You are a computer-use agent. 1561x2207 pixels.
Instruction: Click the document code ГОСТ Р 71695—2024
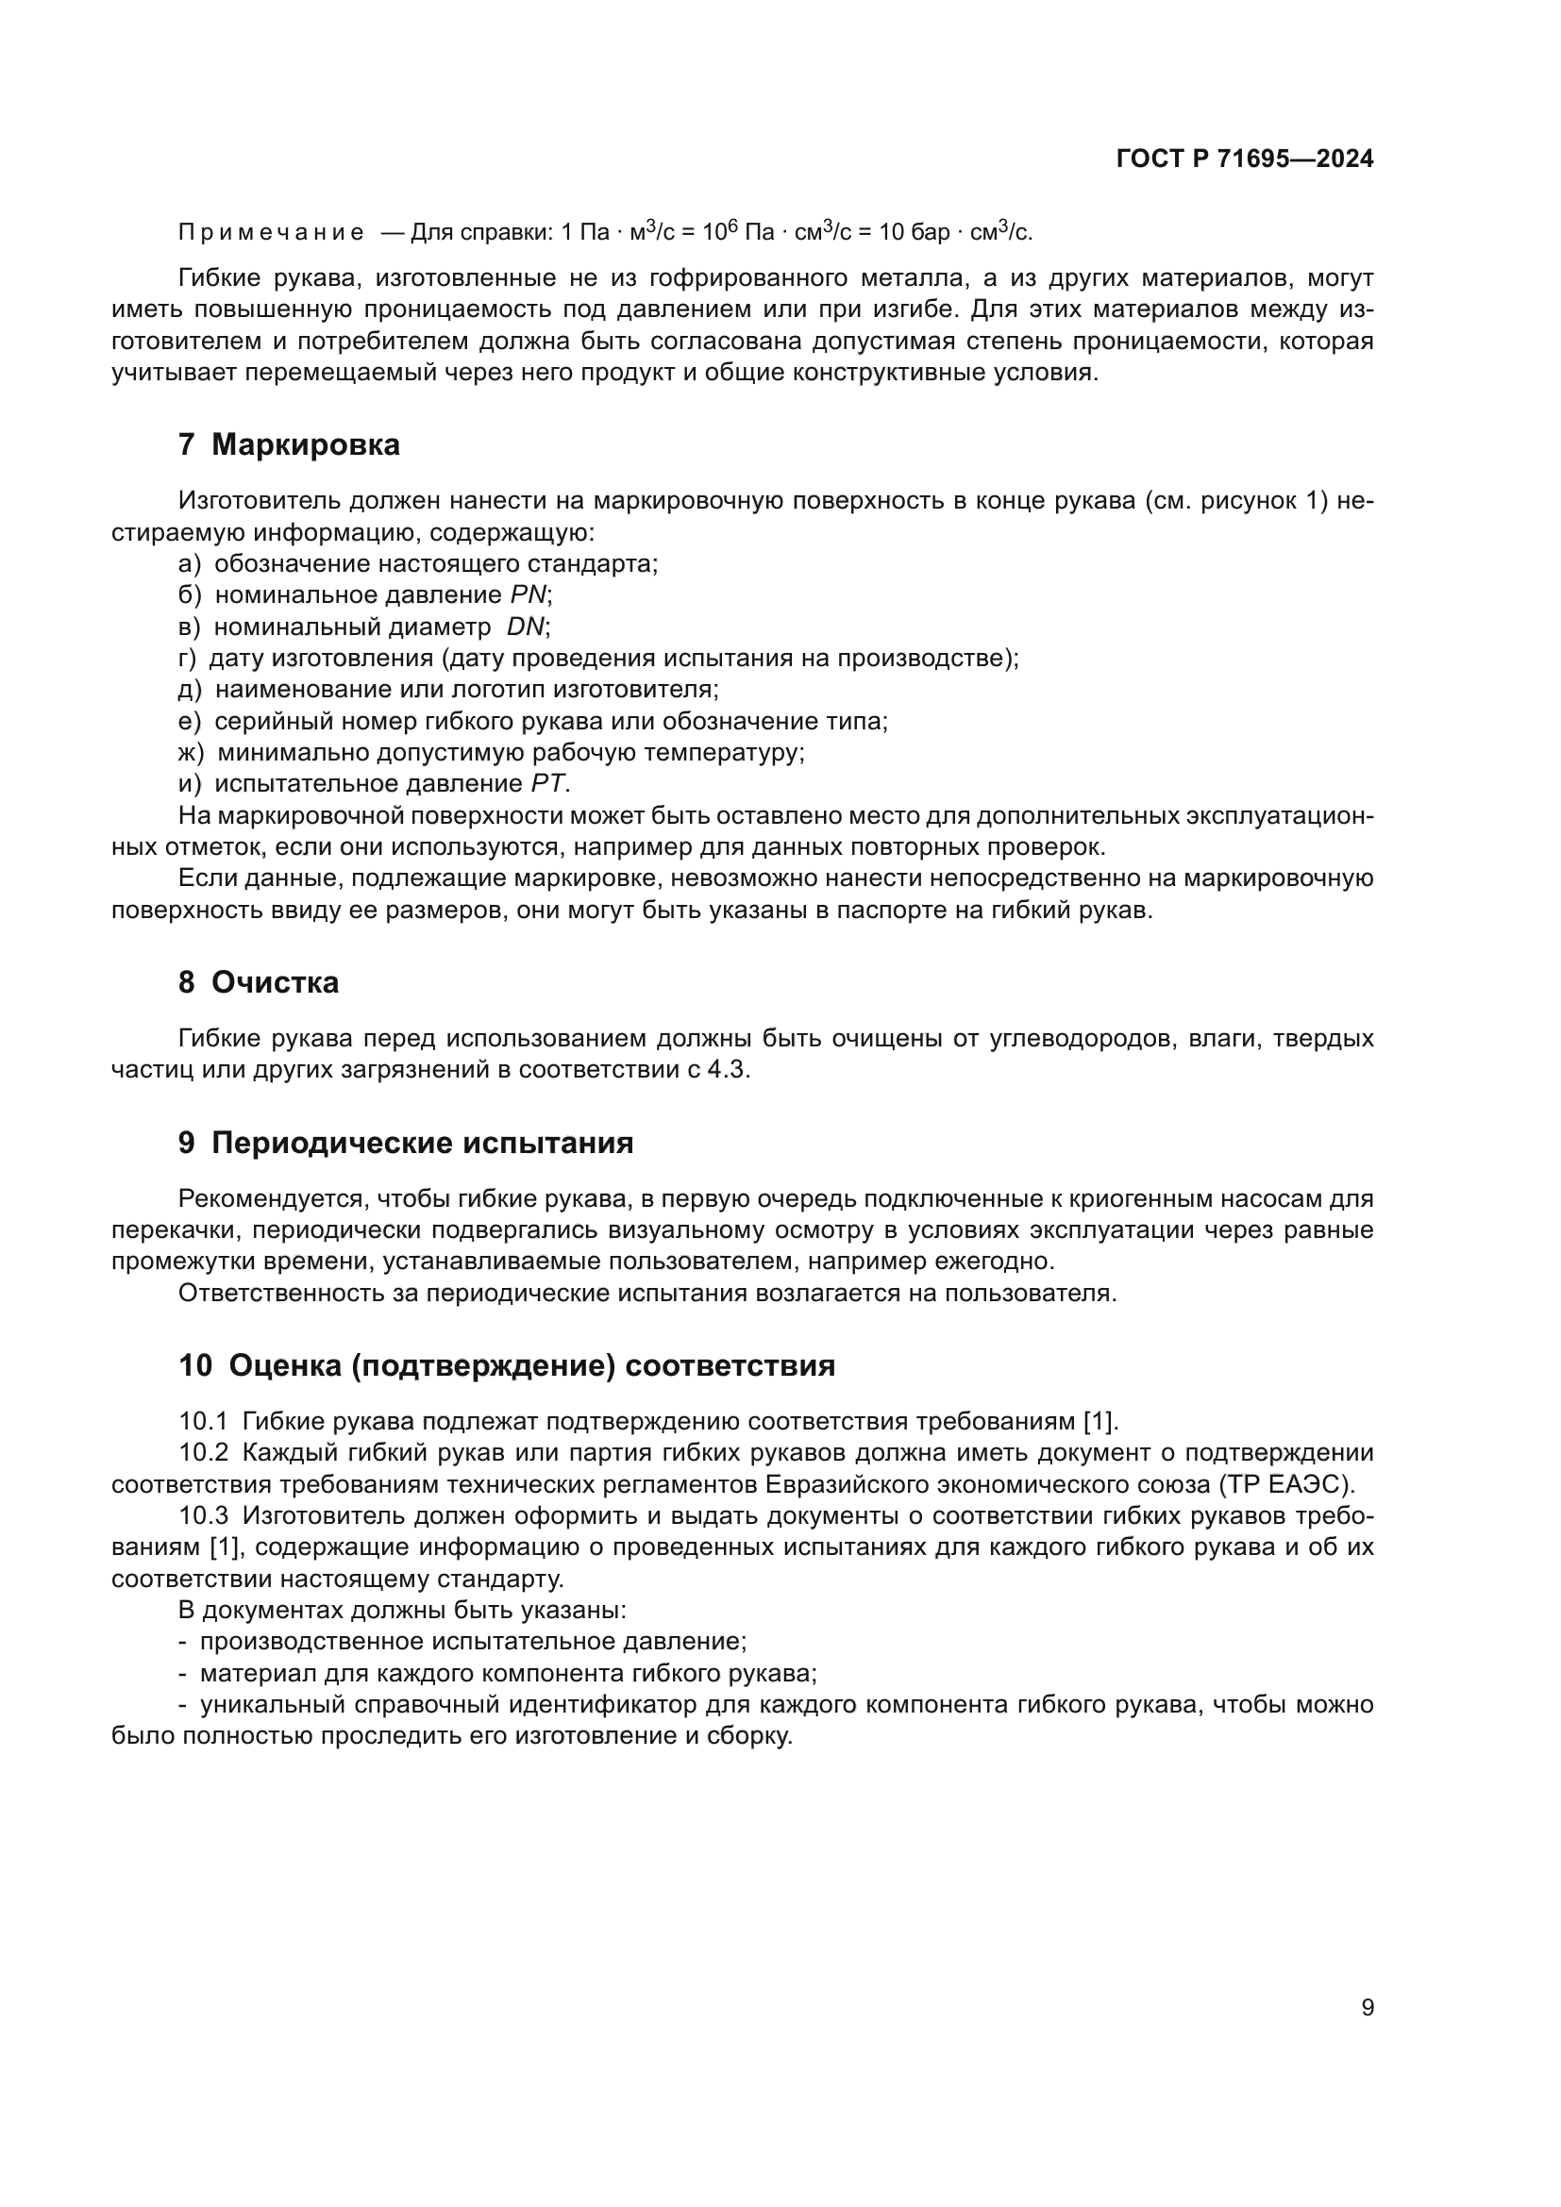[x=1245, y=159]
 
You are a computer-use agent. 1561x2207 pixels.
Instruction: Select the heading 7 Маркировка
[x=289, y=445]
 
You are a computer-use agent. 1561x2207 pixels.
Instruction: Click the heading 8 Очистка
[x=259, y=982]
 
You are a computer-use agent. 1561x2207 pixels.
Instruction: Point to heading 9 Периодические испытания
[x=406, y=1143]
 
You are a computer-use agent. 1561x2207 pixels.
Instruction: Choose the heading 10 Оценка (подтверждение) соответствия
[x=507, y=1365]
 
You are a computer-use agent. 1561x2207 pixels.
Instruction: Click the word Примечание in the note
[x=271, y=233]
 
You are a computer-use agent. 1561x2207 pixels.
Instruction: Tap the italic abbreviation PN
[x=528, y=595]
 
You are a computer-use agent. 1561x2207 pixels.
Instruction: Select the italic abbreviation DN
[x=526, y=627]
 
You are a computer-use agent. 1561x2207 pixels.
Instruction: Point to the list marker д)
[x=190, y=689]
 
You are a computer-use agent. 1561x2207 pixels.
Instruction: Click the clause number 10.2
[x=203, y=1452]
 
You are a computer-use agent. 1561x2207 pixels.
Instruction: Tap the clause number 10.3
[x=203, y=1516]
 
